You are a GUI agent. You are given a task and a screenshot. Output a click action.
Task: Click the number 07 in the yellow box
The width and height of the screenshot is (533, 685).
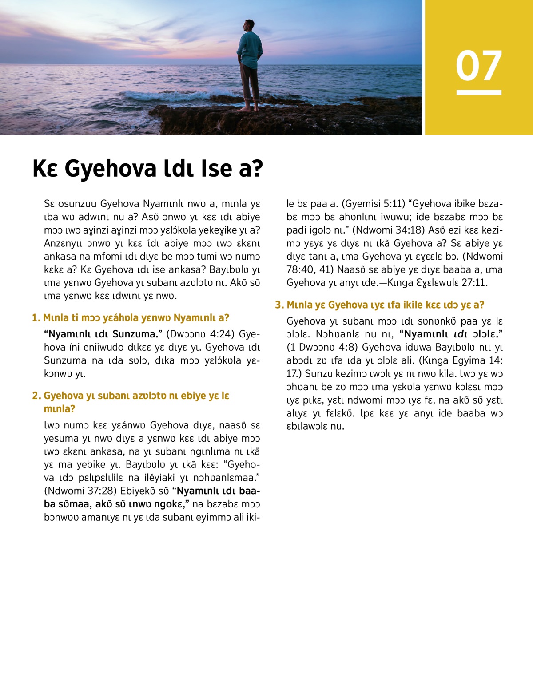[479, 66]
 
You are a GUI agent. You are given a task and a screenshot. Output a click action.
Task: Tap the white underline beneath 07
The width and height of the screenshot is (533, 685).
[479, 92]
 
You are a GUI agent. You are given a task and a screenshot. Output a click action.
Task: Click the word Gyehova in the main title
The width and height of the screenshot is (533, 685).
[111, 169]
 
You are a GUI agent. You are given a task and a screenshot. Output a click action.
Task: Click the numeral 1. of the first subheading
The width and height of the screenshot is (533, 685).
[36, 318]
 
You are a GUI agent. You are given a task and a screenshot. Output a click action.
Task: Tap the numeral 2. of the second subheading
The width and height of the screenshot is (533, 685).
[36, 396]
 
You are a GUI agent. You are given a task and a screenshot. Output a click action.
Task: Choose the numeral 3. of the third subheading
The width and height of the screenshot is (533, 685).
[279, 305]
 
